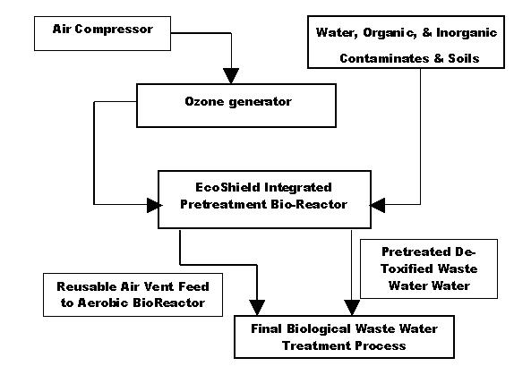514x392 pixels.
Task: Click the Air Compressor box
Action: point(102,33)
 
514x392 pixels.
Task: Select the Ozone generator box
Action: point(236,106)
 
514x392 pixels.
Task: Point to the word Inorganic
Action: point(467,32)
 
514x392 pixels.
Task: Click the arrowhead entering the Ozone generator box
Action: point(231,76)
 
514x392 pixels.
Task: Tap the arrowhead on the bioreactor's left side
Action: point(154,205)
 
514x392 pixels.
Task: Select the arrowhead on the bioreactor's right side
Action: point(377,205)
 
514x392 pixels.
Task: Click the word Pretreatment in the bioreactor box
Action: point(224,204)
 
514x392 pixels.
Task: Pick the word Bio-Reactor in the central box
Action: point(309,204)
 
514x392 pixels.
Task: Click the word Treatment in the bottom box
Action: point(316,345)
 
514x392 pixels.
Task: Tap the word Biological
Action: point(320,329)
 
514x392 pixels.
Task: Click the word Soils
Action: point(464,58)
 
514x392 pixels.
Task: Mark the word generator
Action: point(260,102)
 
